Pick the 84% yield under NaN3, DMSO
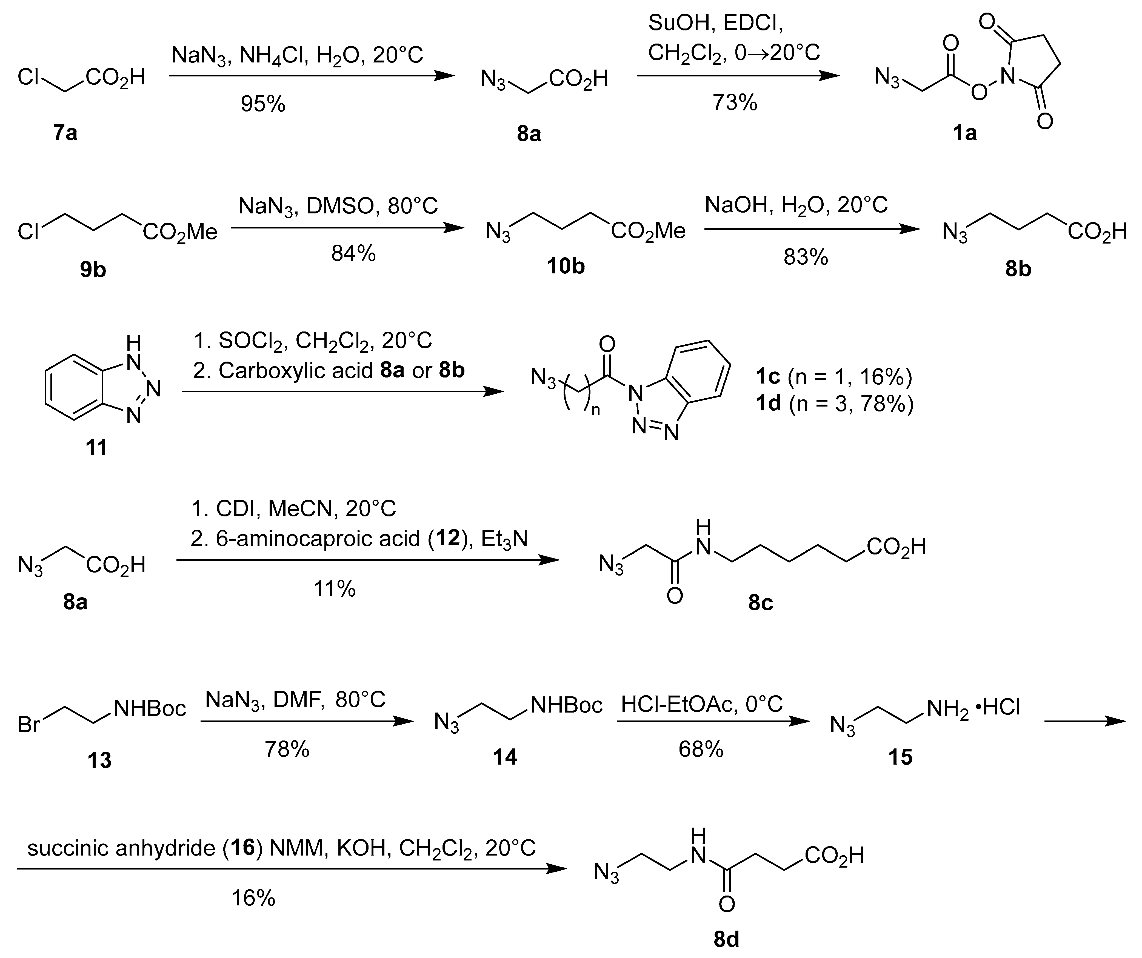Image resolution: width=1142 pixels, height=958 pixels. pyautogui.click(x=353, y=253)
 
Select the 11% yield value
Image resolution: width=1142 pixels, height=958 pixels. pyautogui.click(x=335, y=589)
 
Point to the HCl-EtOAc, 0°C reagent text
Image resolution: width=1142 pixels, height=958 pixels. pyautogui.click(x=701, y=705)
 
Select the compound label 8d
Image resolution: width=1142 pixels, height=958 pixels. pyautogui.click(x=726, y=939)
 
